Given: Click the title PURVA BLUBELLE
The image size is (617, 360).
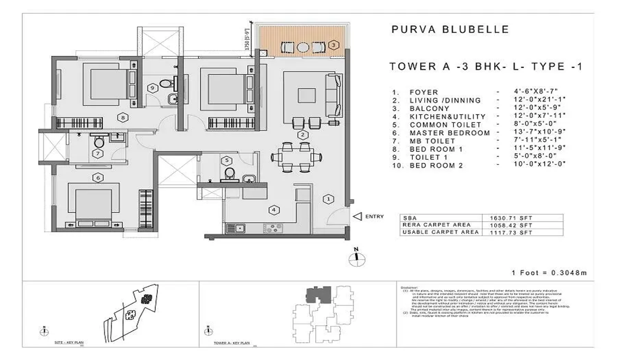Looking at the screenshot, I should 450,29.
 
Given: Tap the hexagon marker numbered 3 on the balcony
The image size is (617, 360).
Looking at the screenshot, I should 334,45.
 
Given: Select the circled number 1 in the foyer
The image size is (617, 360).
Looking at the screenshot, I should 327,199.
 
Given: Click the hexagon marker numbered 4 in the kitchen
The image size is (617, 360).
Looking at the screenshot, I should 275,210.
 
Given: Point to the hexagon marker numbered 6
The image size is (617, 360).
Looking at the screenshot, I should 96,178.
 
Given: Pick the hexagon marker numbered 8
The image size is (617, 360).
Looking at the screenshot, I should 122,117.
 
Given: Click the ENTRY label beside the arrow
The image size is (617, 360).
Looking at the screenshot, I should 374,217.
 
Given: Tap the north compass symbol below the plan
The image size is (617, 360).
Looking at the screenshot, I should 355,257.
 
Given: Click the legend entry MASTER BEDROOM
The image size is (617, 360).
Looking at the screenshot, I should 449,133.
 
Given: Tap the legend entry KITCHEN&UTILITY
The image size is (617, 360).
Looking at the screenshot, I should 445,117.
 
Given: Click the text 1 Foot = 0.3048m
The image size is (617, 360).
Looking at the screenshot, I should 549,273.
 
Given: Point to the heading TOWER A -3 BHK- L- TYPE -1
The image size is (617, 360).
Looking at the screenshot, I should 485,66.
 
